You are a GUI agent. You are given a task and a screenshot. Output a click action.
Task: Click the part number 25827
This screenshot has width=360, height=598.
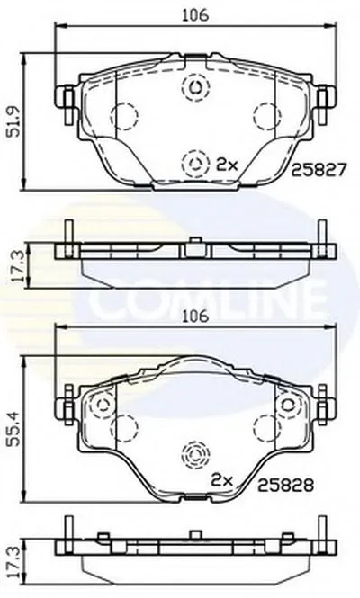pyautogui.click(x=319, y=169)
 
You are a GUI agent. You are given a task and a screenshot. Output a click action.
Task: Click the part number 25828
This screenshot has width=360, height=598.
pyautogui.click(x=285, y=485)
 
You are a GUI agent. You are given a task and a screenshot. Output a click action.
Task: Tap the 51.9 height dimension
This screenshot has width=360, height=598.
pyautogui.click(x=15, y=122)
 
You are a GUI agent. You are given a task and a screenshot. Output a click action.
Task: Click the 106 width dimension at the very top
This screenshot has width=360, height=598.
pyautogui.click(x=195, y=15)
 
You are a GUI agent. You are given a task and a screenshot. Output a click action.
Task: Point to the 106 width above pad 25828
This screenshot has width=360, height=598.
pyautogui.click(x=195, y=317)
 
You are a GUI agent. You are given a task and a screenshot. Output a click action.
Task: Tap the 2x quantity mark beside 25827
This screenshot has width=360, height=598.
pyautogui.click(x=227, y=165)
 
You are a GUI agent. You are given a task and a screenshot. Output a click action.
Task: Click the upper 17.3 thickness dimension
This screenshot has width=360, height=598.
pyautogui.click(x=16, y=266)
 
